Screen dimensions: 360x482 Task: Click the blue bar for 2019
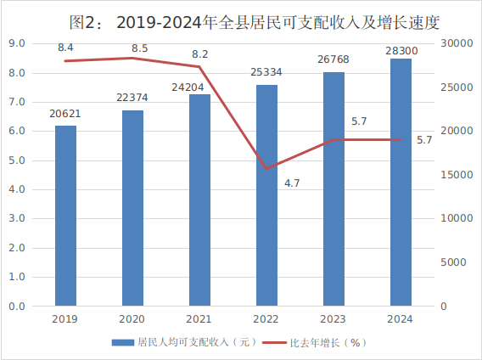pos(65,216)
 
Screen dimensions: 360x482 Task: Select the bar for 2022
pos(266,195)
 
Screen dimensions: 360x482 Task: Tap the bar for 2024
pos(401,183)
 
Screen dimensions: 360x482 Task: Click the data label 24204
pos(199,86)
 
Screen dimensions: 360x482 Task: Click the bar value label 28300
pos(401,50)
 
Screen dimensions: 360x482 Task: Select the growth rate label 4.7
pos(292,183)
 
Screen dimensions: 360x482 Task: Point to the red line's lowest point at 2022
pos(266,168)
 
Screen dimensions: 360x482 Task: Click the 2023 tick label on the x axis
pos(333,319)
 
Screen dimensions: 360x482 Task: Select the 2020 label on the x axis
pos(132,319)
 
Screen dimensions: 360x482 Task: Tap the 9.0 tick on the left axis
pos(17,43)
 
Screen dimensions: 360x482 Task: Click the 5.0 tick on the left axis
pos(17,160)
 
